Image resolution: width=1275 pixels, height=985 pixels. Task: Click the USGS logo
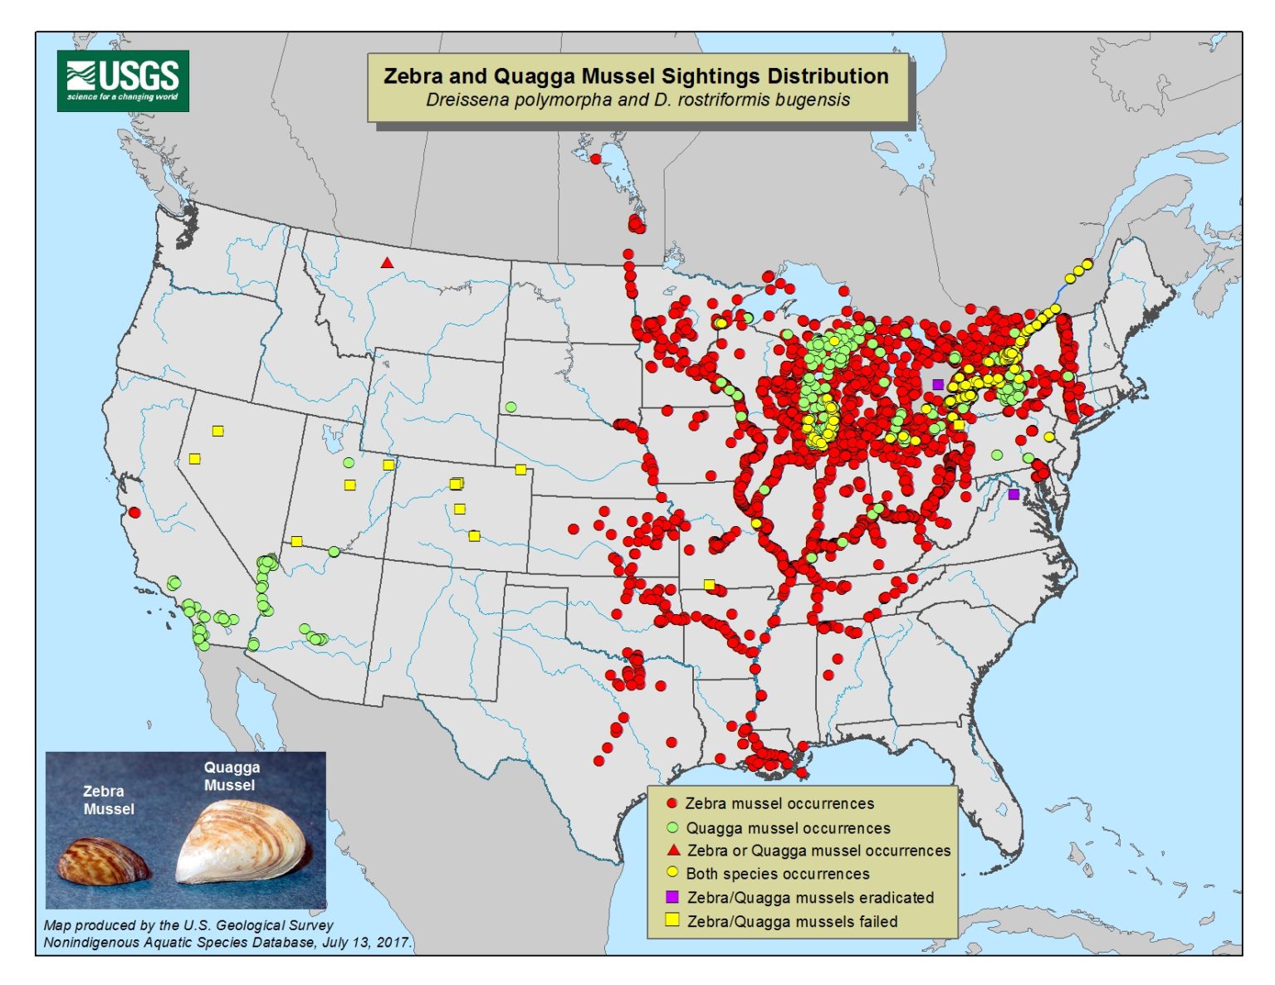tap(123, 80)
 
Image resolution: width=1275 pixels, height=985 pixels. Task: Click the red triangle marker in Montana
tap(387, 263)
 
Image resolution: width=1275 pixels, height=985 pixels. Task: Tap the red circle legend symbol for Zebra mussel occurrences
tap(672, 803)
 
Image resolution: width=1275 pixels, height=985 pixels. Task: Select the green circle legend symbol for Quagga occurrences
tap(672, 827)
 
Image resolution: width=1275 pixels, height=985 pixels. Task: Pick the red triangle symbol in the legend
tap(673, 851)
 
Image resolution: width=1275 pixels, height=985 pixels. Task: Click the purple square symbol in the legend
tap(672, 897)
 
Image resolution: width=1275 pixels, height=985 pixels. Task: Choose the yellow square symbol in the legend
tap(672, 920)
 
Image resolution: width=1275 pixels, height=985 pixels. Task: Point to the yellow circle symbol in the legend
tap(672, 873)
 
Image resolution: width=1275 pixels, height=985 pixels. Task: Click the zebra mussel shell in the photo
tap(104, 861)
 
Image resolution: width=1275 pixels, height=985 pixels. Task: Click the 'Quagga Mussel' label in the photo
tap(232, 776)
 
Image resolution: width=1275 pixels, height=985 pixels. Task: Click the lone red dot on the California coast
tap(134, 512)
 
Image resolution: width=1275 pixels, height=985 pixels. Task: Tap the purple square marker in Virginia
tap(1014, 494)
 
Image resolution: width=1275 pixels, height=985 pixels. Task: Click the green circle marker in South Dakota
tap(510, 407)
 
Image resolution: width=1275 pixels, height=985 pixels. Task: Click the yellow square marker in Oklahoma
tap(709, 585)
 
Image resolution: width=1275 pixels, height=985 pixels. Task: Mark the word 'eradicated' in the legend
tap(896, 898)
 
